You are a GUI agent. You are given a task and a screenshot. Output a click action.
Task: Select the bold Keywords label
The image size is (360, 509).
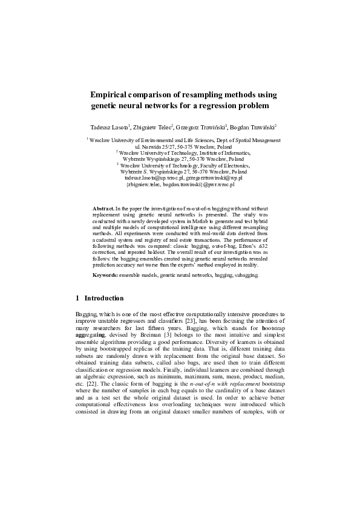[105, 275]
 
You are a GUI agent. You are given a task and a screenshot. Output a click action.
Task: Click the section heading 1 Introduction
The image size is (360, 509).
[99, 298]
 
